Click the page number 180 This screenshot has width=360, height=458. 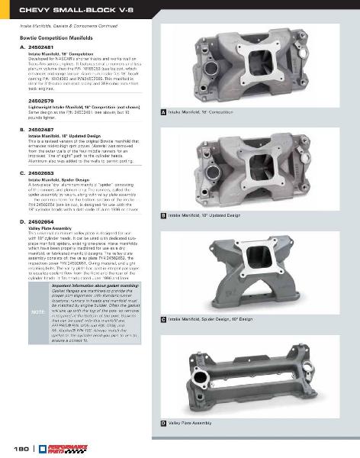coord(14,447)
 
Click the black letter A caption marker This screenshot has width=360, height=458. coord(163,112)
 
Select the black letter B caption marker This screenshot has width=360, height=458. coord(163,216)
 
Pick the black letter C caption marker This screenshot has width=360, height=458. coord(163,318)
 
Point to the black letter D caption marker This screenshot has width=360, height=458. coord(163,422)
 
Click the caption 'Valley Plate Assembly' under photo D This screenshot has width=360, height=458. coord(190,422)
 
